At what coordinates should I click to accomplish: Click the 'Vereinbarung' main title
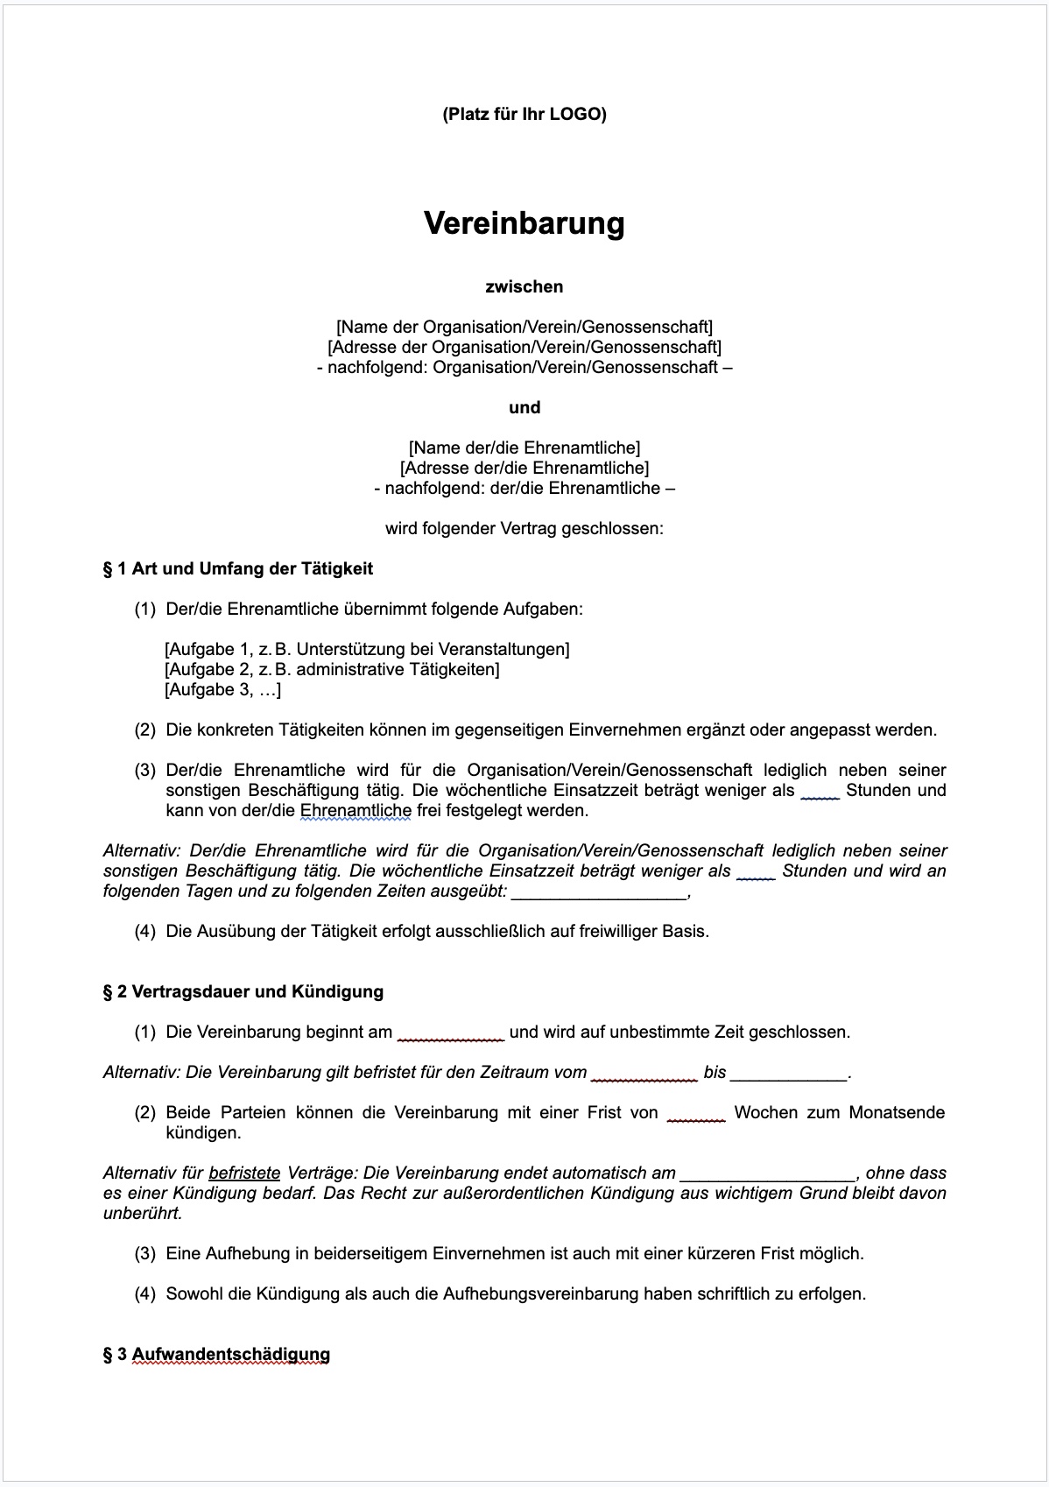[524, 223]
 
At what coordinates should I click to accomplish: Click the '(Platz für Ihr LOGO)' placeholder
[524, 114]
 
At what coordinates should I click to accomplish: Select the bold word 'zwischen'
[524, 286]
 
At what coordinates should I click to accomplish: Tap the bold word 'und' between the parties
[524, 407]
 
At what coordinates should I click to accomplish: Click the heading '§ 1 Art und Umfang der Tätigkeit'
[237, 569]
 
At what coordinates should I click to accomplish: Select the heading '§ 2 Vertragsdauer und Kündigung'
[243, 992]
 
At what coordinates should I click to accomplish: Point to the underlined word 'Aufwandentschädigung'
[231, 1355]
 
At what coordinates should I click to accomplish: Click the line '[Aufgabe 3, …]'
[222, 690]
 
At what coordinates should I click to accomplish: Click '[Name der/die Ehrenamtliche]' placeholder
[524, 448]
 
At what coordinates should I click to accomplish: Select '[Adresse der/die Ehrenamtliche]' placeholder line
[524, 469]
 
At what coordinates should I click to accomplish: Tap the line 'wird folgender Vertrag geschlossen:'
[524, 529]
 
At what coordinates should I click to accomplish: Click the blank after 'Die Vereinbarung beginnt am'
[450, 1033]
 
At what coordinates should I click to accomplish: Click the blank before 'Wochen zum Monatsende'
[695, 1114]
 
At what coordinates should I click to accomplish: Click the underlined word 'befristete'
[244, 1173]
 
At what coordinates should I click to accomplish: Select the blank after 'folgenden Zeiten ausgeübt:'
[599, 893]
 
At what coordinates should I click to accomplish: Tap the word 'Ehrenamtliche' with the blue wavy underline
[356, 811]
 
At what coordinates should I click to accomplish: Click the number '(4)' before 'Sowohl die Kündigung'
[144, 1294]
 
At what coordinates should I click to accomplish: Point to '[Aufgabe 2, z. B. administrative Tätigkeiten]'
[332, 670]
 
